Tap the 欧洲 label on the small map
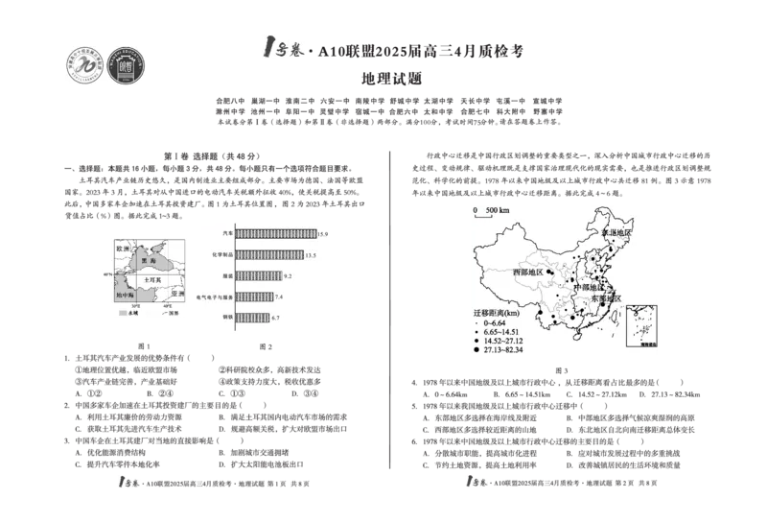122,249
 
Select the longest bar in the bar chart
276,232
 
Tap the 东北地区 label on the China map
616,233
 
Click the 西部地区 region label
527,273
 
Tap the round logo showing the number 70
83,65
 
